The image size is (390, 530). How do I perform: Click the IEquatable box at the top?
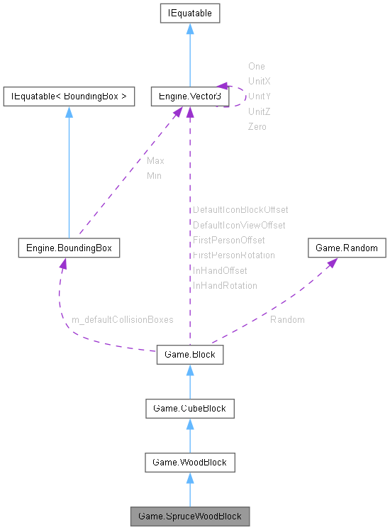coord(189,13)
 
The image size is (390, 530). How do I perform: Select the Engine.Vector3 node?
coord(189,96)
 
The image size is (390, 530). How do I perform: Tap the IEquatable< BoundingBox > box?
coord(69,96)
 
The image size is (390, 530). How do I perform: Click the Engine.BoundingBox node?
coord(69,248)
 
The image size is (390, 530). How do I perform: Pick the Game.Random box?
coord(347,248)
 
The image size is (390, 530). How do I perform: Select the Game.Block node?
coord(189,354)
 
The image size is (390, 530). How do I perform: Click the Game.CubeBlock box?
coord(189,408)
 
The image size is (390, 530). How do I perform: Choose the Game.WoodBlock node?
coord(189,462)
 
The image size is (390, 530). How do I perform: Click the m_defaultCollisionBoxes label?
coord(122,320)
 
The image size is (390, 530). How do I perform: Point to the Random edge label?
coord(287,320)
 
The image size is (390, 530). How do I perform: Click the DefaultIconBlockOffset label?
coord(240,210)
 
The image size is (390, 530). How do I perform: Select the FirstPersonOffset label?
coord(228,241)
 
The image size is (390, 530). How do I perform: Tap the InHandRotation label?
coord(225,286)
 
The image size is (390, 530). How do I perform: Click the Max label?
coord(155,161)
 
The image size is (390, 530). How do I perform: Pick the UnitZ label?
coord(259,112)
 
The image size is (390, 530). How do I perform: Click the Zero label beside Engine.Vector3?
coord(257,127)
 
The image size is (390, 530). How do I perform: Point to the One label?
coord(256,67)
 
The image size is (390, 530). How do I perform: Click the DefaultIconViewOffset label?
coord(239,226)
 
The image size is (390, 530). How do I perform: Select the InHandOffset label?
coord(220,270)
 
